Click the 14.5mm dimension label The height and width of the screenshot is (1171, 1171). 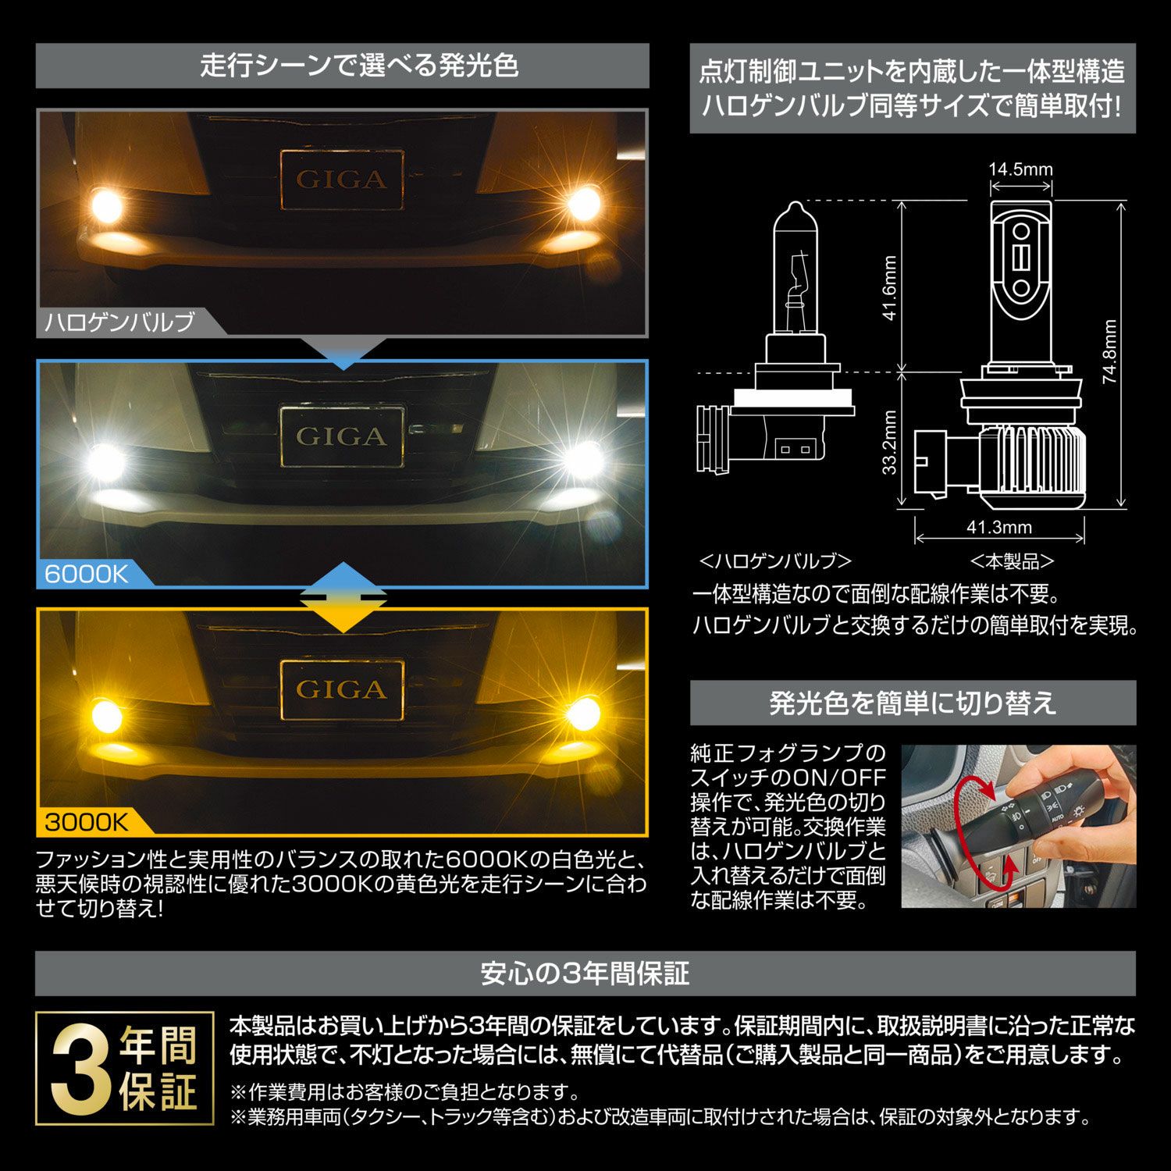(1020, 169)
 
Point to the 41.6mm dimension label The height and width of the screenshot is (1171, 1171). (890, 288)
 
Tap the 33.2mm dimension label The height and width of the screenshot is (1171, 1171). (890, 442)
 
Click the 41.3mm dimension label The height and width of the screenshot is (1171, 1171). (999, 527)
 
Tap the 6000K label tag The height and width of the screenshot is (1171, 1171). (86, 574)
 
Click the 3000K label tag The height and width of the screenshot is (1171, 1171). (86, 821)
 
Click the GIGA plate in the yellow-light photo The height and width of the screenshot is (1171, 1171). (342, 689)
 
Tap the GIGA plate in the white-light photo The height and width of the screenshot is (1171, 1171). (342, 436)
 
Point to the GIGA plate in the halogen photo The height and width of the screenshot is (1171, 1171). (342, 180)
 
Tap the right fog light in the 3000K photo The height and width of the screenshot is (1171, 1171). (581, 713)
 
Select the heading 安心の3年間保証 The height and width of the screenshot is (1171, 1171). (585, 973)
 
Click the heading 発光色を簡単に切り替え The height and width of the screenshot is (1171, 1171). (913, 703)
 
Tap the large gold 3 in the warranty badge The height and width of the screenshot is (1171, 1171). (82, 1069)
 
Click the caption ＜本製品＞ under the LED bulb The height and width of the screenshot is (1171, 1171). (1012, 561)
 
